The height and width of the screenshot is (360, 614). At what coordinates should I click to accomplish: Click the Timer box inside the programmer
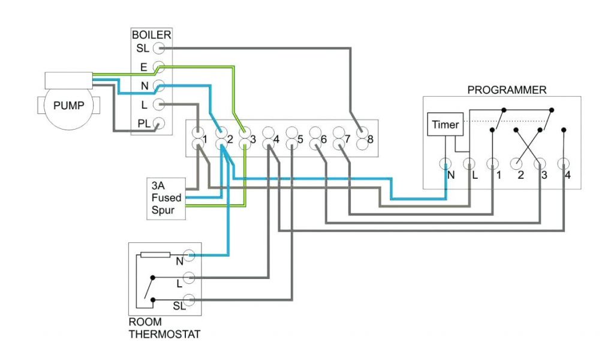pyautogui.click(x=444, y=125)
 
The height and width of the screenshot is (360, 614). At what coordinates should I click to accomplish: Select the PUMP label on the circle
pyautogui.click(x=69, y=106)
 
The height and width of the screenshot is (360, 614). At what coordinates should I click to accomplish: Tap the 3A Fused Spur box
pyautogui.click(x=166, y=197)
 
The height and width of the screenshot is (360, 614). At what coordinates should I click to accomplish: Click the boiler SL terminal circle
pyautogui.click(x=159, y=48)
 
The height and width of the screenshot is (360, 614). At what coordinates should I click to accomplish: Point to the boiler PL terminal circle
pyautogui.click(x=159, y=124)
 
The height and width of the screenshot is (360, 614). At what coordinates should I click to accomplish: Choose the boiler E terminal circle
pyautogui.click(x=159, y=67)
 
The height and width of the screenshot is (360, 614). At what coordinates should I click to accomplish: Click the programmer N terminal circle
pyautogui.click(x=446, y=163)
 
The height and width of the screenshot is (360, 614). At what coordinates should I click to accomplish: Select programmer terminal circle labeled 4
pyautogui.click(x=564, y=163)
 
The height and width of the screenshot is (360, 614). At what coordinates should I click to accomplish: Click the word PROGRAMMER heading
pyautogui.click(x=507, y=90)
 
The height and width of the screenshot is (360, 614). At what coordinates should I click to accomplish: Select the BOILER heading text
pyautogui.click(x=151, y=35)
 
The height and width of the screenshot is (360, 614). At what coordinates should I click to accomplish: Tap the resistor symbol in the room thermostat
pyautogui.click(x=156, y=254)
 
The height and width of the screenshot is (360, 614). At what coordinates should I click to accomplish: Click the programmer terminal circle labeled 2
pyautogui.click(x=517, y=163)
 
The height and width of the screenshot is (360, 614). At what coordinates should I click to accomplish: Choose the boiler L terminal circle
pyautogui.click(x=159, y=105)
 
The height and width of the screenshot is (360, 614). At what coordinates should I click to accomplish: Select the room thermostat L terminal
pyautogui.click(x=189, y=278)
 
